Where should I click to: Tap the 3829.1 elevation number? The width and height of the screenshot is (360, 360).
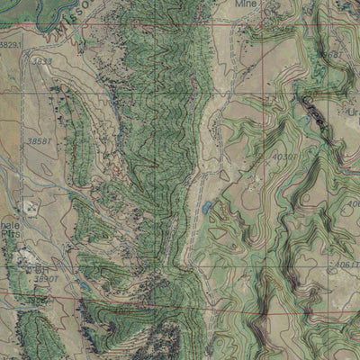[x=10, y=43]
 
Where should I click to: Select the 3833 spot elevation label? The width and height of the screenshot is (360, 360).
[x=41, y=61]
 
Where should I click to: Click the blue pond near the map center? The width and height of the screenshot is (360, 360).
[x=209, y=208]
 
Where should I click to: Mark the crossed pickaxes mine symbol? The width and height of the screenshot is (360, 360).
[x=32, y=207]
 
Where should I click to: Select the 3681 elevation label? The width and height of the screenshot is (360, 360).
[x=331, y=56]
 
